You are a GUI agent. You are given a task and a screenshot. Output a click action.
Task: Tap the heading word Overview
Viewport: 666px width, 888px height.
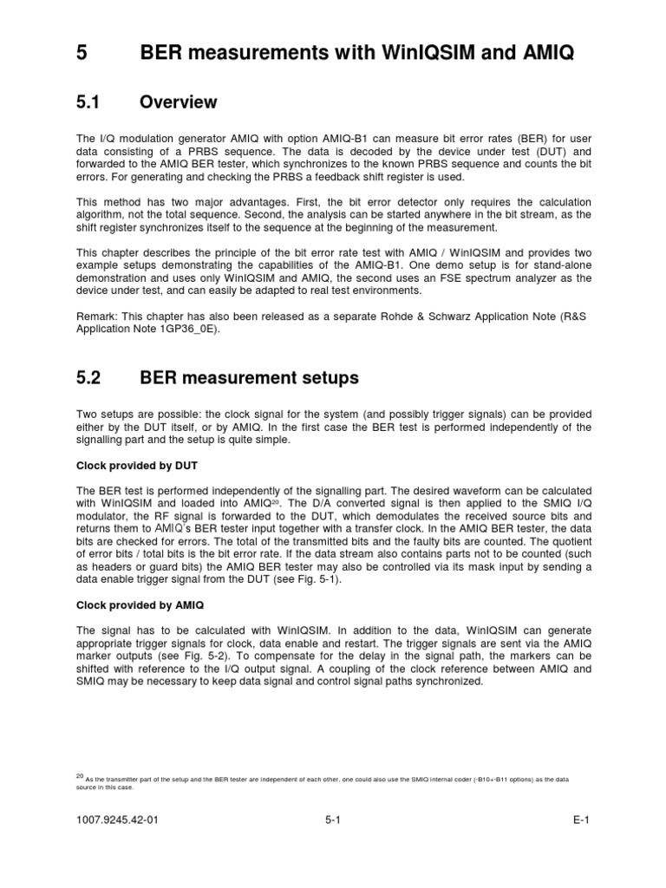(178, 103)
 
